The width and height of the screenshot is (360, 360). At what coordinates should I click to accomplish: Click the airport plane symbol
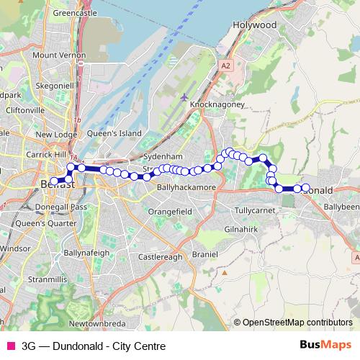click(x=185, y=96)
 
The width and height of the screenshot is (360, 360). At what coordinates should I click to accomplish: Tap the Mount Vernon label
click(x=54, y=55)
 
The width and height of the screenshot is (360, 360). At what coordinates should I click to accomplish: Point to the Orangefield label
click(x=169, y=212)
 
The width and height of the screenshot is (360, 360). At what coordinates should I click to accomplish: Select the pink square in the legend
click(x=10, y=346)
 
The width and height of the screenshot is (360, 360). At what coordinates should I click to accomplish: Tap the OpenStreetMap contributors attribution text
click(x=297, y=323)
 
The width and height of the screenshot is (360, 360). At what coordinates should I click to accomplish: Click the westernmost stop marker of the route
click(x=53, y=181)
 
